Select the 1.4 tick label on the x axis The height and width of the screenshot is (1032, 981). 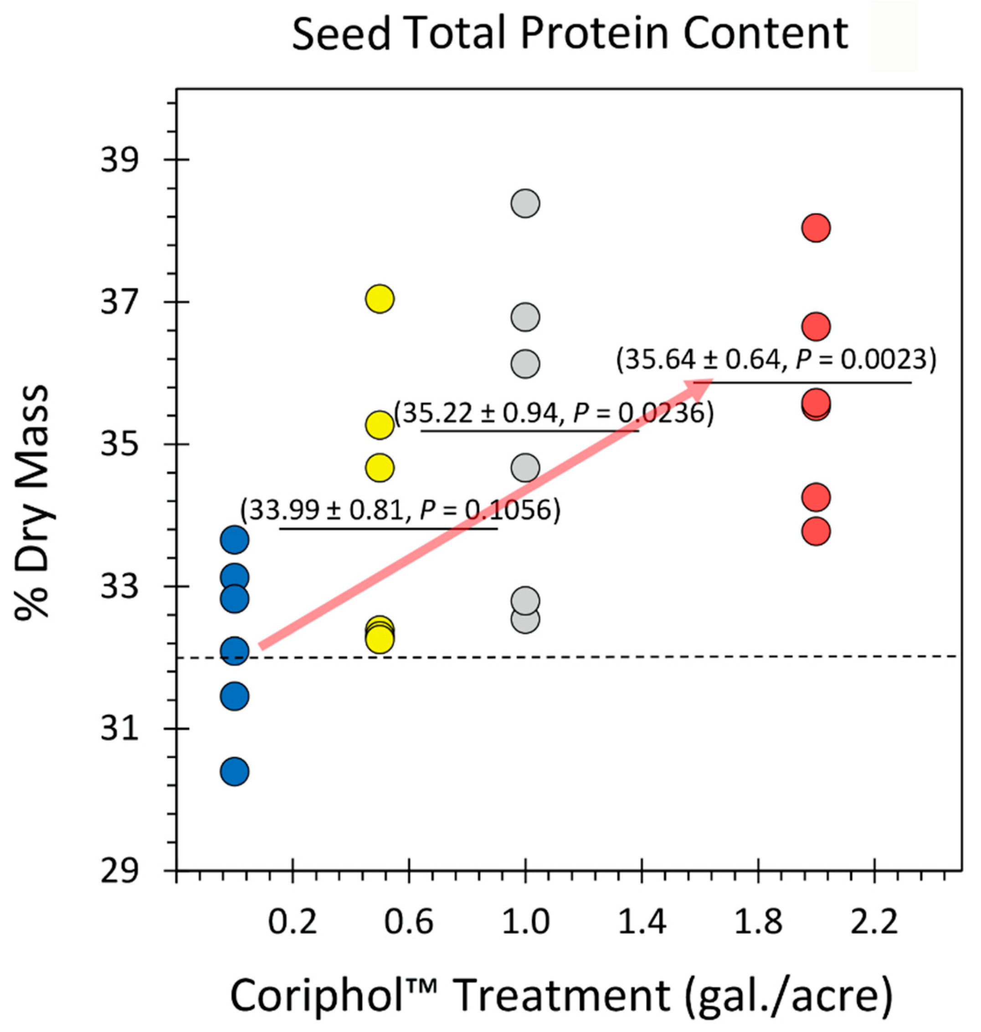click(x=642, y=922)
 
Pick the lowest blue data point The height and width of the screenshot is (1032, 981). click(x=234, y=771)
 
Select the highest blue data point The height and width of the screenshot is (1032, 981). click(x=234, y=540)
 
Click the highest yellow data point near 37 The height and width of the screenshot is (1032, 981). click(x=380, y=299)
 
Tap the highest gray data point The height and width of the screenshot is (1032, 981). click(x=525, y=204)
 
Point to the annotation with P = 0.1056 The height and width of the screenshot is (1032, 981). click(x=400, y=510)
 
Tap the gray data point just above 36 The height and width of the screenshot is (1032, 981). click(x=525, y=364)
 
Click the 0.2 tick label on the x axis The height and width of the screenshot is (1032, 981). click(x=293, y=922)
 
